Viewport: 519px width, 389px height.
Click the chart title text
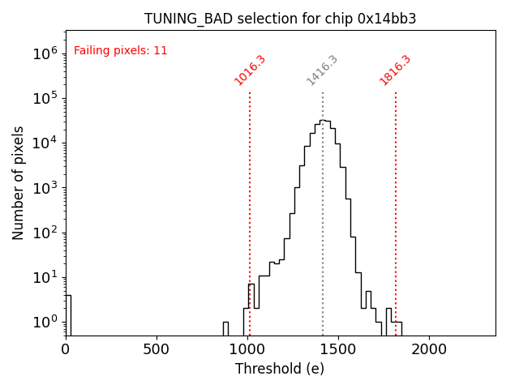coord(280,19)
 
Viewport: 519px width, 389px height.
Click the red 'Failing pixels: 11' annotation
coord(120,50)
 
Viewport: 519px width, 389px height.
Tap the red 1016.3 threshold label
coord(250,71)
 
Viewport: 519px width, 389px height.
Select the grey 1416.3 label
coord(322,71)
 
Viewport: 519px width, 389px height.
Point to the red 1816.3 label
coord(395,71)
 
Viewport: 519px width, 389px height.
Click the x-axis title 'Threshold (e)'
coord(280,369)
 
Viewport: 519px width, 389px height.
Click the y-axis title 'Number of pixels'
coord(19,182)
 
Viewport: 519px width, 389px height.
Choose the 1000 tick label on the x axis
coord(247,349)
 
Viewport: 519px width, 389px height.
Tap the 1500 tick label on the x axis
coord(338,349)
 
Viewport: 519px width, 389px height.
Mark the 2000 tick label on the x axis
coord(429,349)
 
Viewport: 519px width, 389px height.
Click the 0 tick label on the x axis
coord(66,349)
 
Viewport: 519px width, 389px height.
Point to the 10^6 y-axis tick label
coord(46,53)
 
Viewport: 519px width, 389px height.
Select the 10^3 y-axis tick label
coord(46,188)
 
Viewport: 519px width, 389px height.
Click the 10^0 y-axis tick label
coord(46,323)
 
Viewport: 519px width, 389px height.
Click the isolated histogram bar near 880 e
coord(225,328)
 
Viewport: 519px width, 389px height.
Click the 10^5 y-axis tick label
coord(46,98)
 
